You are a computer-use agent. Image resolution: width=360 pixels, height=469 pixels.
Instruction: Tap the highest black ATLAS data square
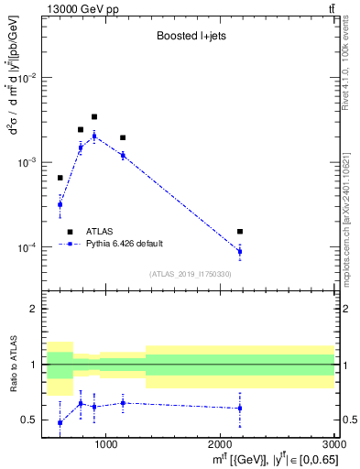click(94, 116)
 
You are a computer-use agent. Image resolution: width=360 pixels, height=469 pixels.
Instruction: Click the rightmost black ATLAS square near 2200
click(240, 232)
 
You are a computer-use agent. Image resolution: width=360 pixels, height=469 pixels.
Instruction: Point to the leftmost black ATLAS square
click(60, 178)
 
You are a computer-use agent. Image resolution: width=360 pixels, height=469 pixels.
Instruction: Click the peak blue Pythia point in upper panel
click(94, 136)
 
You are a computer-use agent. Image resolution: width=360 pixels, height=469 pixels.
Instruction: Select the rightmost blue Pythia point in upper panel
click(240, 251)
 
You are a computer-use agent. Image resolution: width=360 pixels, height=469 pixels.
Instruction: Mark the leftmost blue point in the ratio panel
click(60, 422)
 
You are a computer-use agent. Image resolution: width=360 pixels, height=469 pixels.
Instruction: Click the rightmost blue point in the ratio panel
click(240, 408)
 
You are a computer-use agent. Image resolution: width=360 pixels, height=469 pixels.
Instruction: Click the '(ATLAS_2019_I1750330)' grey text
click(190, 274)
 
